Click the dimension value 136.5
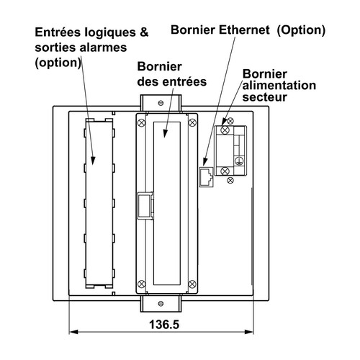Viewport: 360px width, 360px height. [x=164, y=325]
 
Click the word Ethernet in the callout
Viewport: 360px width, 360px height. [x=244, y=30]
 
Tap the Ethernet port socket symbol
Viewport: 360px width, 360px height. [x=206, y=177]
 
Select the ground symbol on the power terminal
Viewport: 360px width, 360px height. [x=239, y=161]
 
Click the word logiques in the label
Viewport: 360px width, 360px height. [x=110, y=33]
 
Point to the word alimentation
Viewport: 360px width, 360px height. [x=279, y=86]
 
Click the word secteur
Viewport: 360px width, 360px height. [x=264, y=97]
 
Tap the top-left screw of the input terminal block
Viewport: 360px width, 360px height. [x=141, y=122]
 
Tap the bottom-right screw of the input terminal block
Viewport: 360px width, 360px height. [x=192, y=284]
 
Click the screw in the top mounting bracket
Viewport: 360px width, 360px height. [x=161, y=103]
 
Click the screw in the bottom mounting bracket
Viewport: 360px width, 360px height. [x=161, y=304]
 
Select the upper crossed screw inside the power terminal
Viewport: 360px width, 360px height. [x=225, y=130]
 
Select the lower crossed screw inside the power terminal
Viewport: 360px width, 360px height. [x=225, y=171]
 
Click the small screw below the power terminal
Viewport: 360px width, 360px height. [x=230, y=180]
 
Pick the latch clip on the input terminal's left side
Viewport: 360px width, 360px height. [x=145, y=205]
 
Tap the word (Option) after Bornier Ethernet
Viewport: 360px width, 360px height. [x=301, y=30]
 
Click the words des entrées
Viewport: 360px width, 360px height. [x=172, y=82]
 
